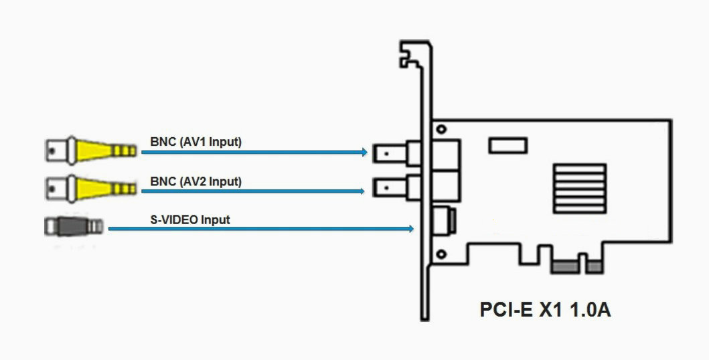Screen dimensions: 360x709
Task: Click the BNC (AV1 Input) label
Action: (195, 142)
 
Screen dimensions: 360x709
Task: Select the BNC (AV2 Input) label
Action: (195, 181)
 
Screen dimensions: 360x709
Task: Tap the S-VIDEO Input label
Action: (191, 219)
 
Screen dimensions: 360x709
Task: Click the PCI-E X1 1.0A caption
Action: (545, 310)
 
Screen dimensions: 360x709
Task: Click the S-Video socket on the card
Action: (445, 221)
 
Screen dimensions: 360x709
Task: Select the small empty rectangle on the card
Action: (508, 145)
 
